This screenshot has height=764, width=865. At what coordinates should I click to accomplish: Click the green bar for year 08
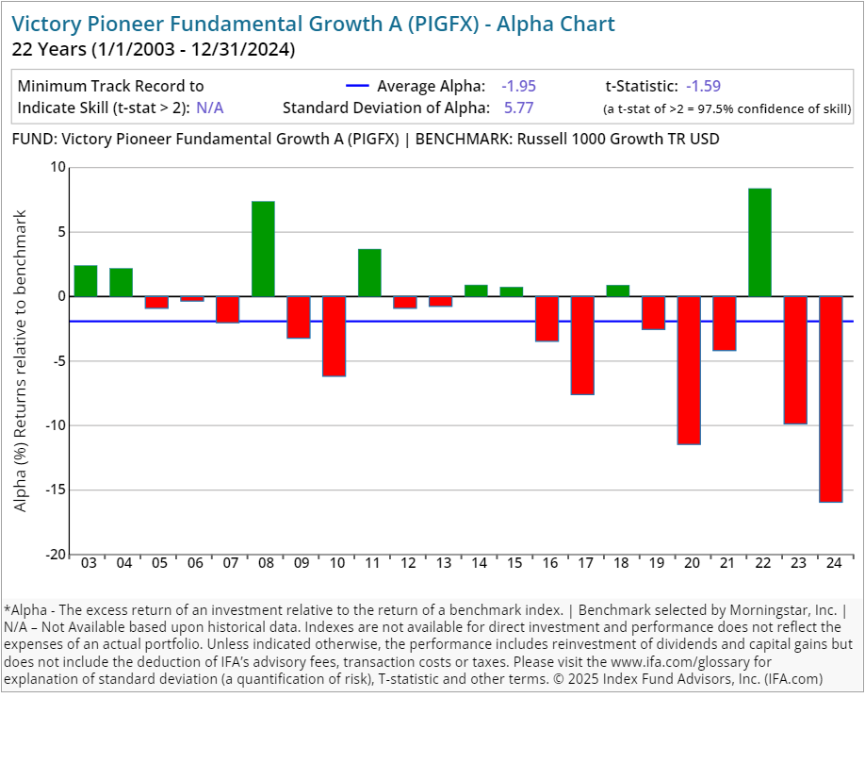[x=264, y=249]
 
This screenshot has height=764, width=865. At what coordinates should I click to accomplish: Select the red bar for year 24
[x=830, y=399]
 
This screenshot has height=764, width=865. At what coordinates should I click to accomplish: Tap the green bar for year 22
[x=759, y=242]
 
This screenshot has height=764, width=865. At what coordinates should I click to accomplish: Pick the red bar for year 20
[x=689, y=370]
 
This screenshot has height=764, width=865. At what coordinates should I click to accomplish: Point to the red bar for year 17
[x=582, y=345]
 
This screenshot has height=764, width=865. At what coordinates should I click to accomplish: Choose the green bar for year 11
[x=369, y=273]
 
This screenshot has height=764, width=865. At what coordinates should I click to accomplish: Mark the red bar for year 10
[x=335, y=336]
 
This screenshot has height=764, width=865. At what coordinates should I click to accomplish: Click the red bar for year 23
[x=795, y=360]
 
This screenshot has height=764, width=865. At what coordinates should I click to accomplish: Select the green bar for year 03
[x=86, y=281]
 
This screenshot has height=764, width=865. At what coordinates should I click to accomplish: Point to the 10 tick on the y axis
[x=58, y=167]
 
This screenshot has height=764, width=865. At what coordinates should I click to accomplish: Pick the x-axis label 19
[x=653, y=564]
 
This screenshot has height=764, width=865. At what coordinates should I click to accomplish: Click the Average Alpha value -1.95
[x=518, y=86]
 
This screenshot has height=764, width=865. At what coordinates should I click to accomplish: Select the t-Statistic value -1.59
[x=703, y=86]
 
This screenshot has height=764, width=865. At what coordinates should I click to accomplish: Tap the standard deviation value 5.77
[x=517, y=108]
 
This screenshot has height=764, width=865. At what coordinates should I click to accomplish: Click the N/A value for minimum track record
[x=210, y=108]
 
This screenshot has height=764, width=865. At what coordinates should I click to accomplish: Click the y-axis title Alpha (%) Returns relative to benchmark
[x=21, y=361]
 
